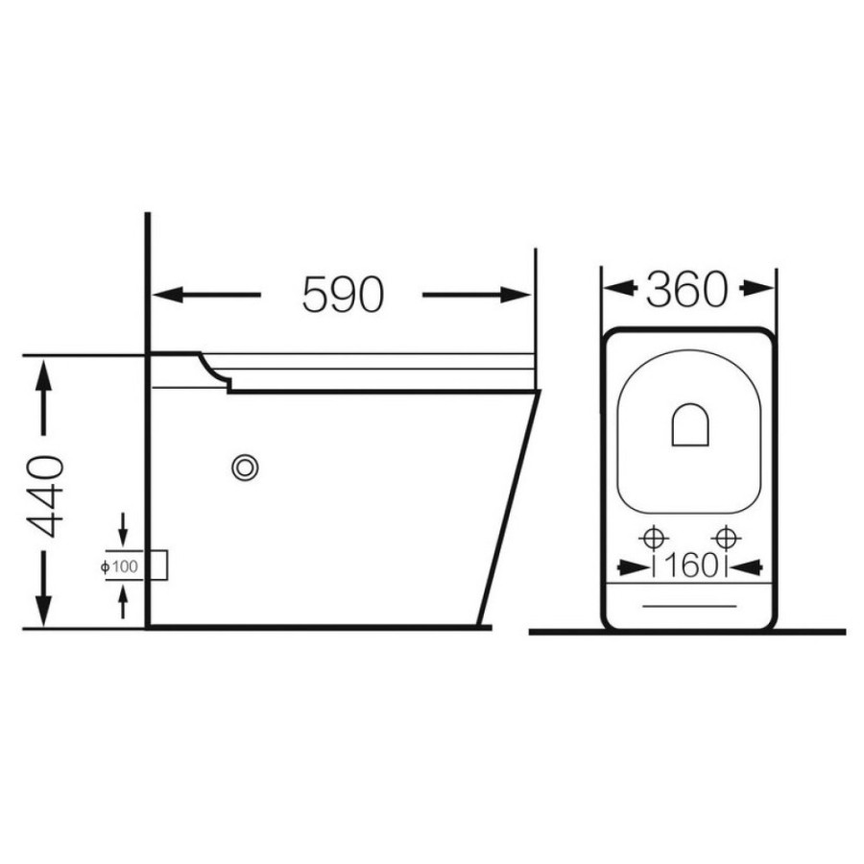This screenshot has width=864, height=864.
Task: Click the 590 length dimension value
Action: point(342,295)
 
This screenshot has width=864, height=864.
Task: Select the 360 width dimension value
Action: point(686,289)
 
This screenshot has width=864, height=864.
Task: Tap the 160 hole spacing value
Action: point(691,565)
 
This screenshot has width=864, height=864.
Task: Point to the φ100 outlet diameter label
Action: point(120,566)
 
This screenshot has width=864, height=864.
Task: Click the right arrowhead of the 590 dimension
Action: point(516,295)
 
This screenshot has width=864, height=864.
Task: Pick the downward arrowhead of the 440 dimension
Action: point(43,612)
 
